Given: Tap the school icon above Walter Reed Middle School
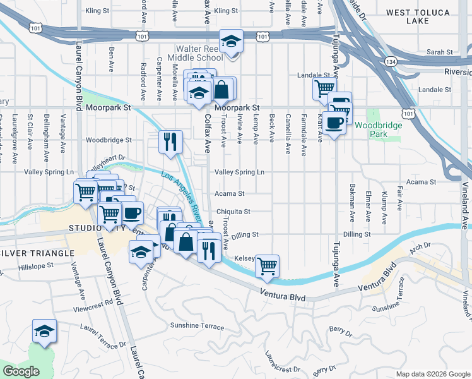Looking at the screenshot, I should (x=232, y=42).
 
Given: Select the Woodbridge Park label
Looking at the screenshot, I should (x=378, y=129).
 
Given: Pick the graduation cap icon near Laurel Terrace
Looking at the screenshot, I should (x=44, y=331).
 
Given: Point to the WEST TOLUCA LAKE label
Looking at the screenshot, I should (x=418, y=16).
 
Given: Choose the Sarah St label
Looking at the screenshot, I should (x=440, y=52).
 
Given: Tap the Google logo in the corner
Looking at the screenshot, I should (x=21, y=371).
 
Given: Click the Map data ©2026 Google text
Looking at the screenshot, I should (x=432, y=374).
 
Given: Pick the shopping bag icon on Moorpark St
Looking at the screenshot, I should (x=222, y=90).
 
